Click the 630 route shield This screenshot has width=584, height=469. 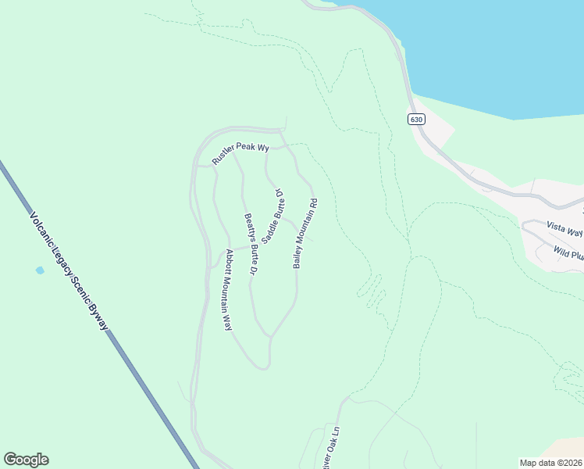416,119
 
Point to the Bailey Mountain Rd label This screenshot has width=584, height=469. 305,234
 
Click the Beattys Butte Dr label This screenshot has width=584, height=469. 250,245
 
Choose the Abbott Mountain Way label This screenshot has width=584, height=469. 229,289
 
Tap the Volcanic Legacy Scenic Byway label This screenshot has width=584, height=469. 69,270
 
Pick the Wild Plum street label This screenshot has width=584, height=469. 569,252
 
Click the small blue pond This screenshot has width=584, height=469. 40,270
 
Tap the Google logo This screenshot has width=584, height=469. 26,460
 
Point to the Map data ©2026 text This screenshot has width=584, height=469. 551,463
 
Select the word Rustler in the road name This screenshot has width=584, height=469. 225,156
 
